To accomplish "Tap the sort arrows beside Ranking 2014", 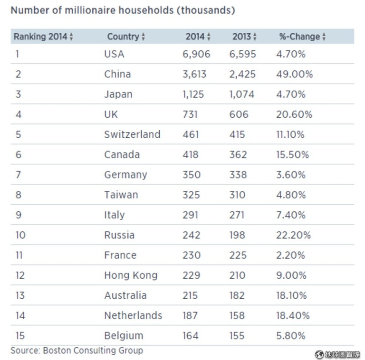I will [71, 37].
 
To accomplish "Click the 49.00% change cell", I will [294, 74].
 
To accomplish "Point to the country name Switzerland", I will [132, 134].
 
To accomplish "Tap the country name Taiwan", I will [121, 195].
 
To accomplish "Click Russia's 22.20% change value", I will [293, 235].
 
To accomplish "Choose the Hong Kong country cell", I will [131, 275].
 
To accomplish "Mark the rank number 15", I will [20, 336].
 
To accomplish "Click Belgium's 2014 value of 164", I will [191, 336].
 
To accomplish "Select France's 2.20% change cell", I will [291, 255].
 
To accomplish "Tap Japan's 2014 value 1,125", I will [193, 94].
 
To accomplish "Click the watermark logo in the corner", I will [319, 354].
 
